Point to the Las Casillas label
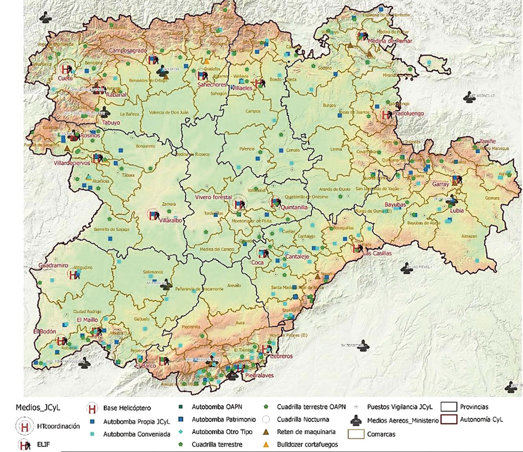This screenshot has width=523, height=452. click(x=377, y=253)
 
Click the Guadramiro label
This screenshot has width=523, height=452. click(x=53, y=266)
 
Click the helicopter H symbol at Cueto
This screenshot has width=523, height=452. click(x=65, y=69)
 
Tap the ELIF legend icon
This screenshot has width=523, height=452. click(x=24, y=445)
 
